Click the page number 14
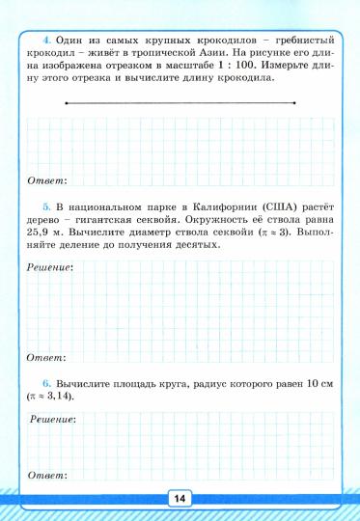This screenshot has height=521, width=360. [x=180, y=498]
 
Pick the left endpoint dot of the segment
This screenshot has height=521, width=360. [x=64, y=101]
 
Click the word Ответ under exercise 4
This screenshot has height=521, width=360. [x=45, y=180]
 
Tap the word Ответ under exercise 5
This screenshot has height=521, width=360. [x=45, y=357]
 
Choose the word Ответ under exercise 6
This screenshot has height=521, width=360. [x=45, y=476]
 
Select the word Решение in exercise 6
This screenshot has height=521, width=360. [x=53, y=420]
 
